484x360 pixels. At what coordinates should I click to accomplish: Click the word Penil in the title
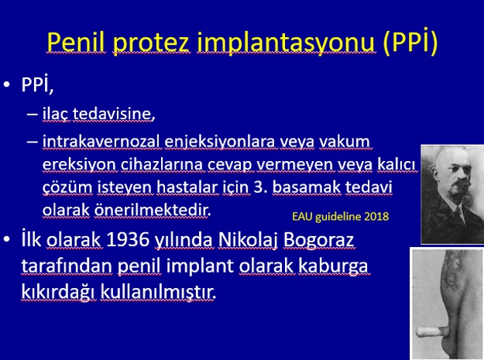tap(76, 42)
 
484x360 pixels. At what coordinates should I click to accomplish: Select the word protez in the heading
tap(151, 43)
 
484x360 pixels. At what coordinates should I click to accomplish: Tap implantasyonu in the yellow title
tap(286, 43)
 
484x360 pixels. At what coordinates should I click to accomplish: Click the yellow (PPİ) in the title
tap(410, 42)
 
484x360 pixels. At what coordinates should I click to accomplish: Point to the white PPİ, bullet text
tap(37, 84)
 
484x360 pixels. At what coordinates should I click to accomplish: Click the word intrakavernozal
tap(101, 142)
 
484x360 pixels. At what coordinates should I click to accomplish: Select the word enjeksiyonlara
tap(220, 142)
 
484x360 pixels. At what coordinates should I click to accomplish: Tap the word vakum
tap(345, 142)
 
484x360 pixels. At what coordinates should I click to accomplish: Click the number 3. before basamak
tap(260, 187)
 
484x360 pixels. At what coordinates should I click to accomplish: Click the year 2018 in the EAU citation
tap(376, 217)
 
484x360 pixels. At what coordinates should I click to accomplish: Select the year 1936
tap(128, 239)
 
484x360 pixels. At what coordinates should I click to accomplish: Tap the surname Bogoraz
tap(318, 240)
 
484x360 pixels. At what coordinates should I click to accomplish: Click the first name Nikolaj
tap(248, 240)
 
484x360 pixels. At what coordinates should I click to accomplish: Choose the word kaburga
tap(333, 266)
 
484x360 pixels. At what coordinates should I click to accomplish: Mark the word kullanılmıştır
tap(158, 292)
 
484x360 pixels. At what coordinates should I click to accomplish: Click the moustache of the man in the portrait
tap(460, 183)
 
